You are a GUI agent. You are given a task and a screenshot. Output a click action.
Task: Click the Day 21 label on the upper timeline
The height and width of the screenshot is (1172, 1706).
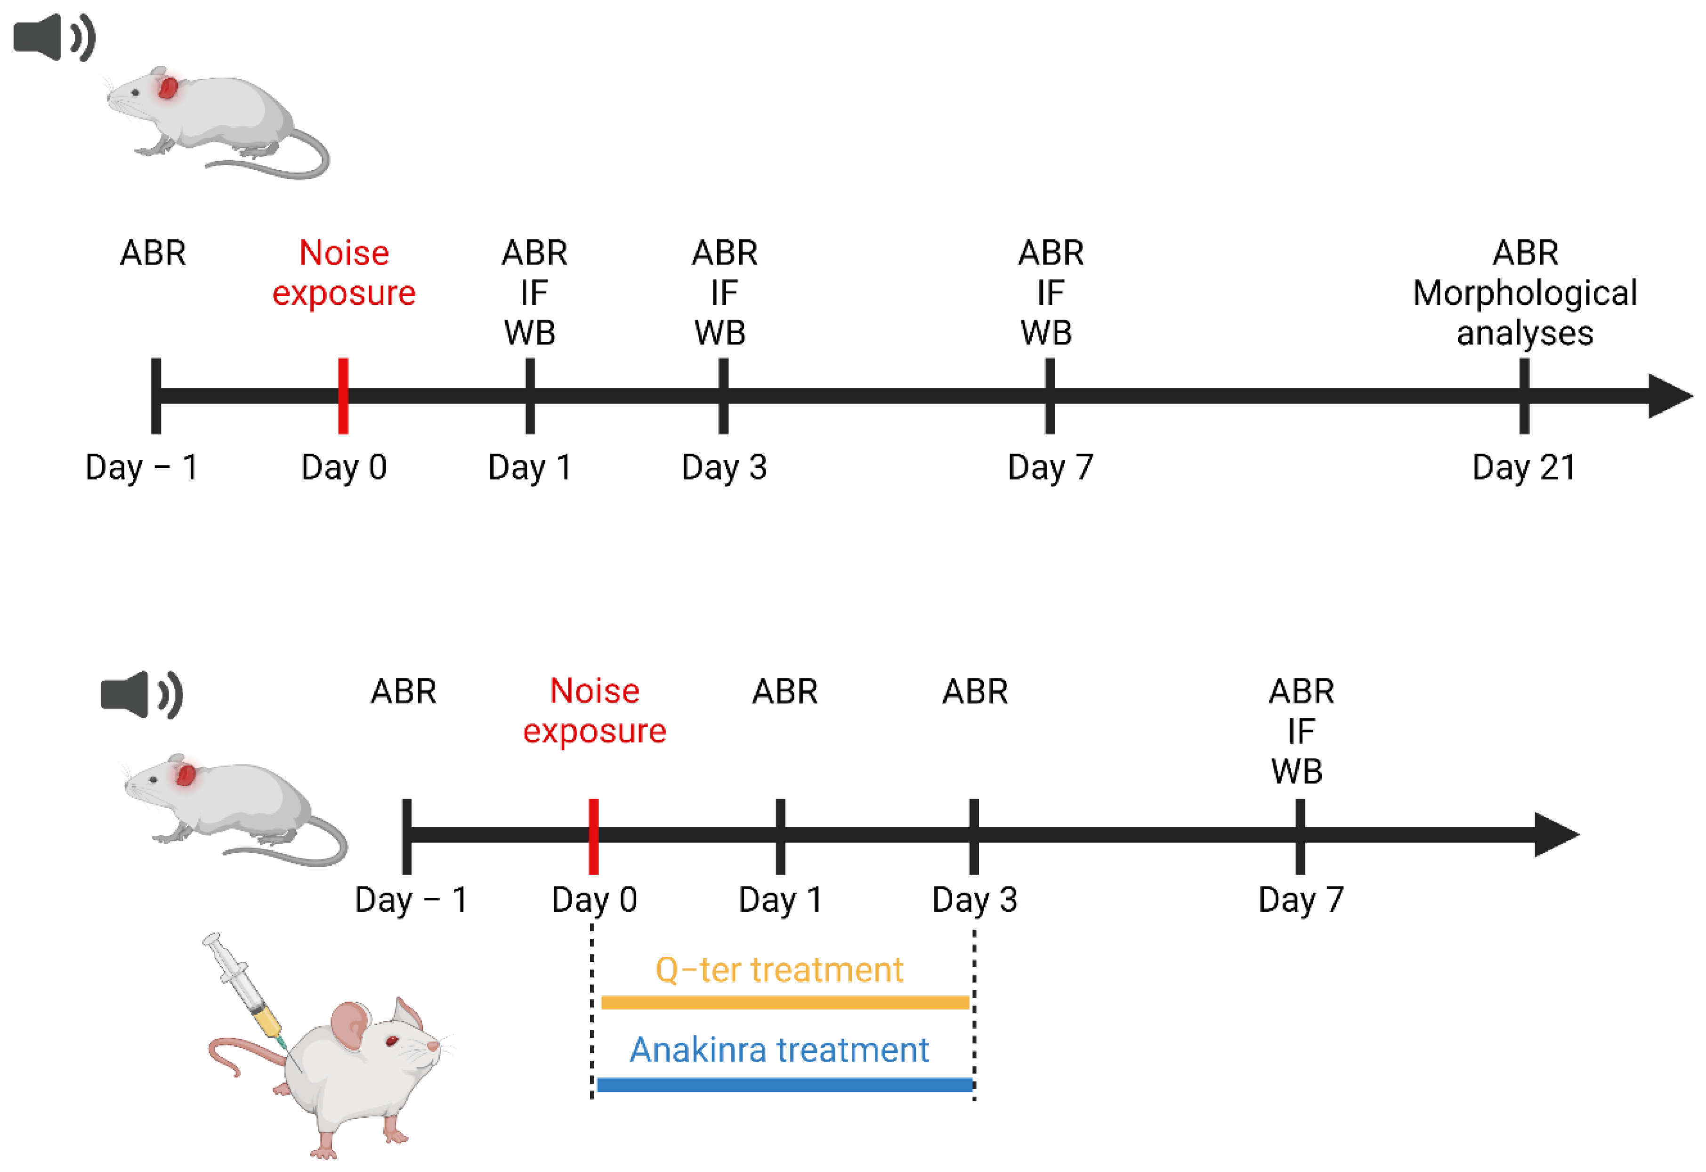coord(1524,467)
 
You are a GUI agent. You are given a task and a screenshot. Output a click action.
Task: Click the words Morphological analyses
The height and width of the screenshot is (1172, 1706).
coord(1525,313)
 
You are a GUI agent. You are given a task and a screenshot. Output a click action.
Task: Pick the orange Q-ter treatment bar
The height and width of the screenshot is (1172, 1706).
coord(785,1002)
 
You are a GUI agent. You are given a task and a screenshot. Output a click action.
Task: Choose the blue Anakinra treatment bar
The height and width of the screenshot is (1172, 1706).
coord(785,1084)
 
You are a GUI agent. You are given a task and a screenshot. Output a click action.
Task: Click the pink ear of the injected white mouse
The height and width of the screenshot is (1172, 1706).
coord(351,1025)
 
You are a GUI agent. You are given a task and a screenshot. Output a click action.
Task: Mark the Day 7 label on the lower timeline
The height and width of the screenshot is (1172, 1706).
coord(1301,900)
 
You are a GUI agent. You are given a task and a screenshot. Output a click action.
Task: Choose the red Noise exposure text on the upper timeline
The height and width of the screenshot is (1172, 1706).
coord(344,273)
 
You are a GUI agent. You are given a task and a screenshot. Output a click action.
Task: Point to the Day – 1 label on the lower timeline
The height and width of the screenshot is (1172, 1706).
coord(411,900)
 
